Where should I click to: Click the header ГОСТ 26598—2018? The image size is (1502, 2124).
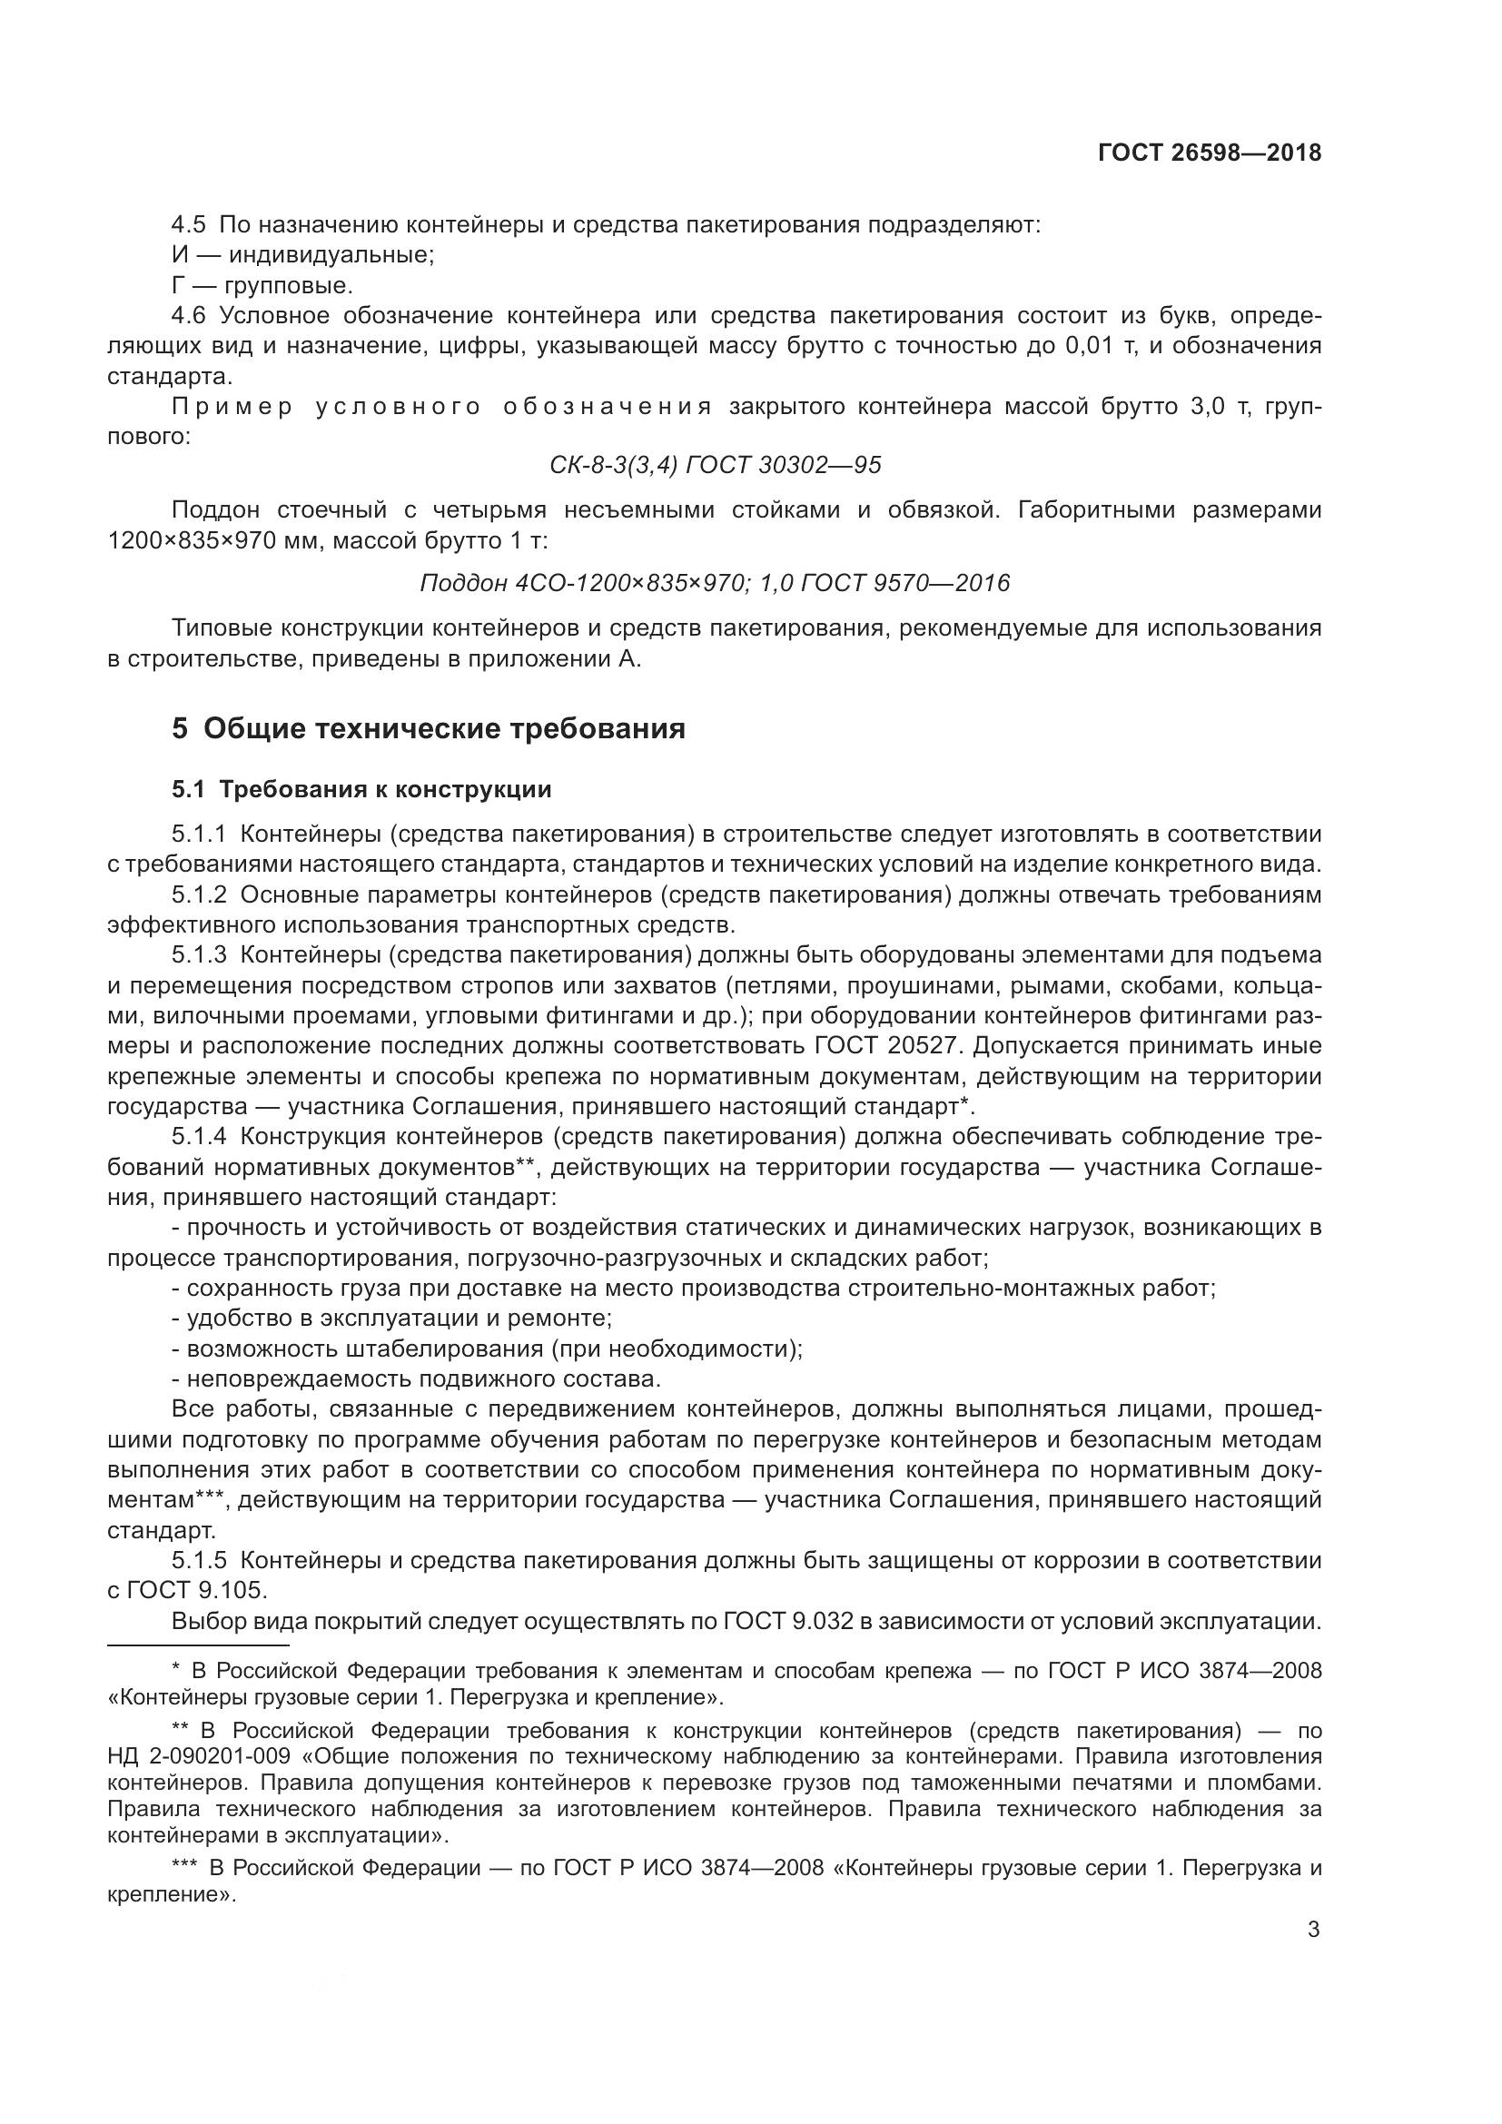(x=1209, y=153)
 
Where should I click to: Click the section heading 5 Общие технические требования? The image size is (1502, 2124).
(x=429, y=729)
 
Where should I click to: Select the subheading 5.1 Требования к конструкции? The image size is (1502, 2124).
(x=361, y=789)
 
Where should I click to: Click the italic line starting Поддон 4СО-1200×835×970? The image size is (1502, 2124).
(x=714, y=583)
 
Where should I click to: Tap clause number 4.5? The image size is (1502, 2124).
(x=189, y=225)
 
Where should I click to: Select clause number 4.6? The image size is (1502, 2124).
(x=189, y=316)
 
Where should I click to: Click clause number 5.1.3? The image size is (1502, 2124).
(x=199, y=954)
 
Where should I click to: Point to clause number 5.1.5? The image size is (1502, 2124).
(x=199, y=1561)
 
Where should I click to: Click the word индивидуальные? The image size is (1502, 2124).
(x=331, y=255)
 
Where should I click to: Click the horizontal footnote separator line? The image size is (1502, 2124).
(x=198, y=1645)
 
